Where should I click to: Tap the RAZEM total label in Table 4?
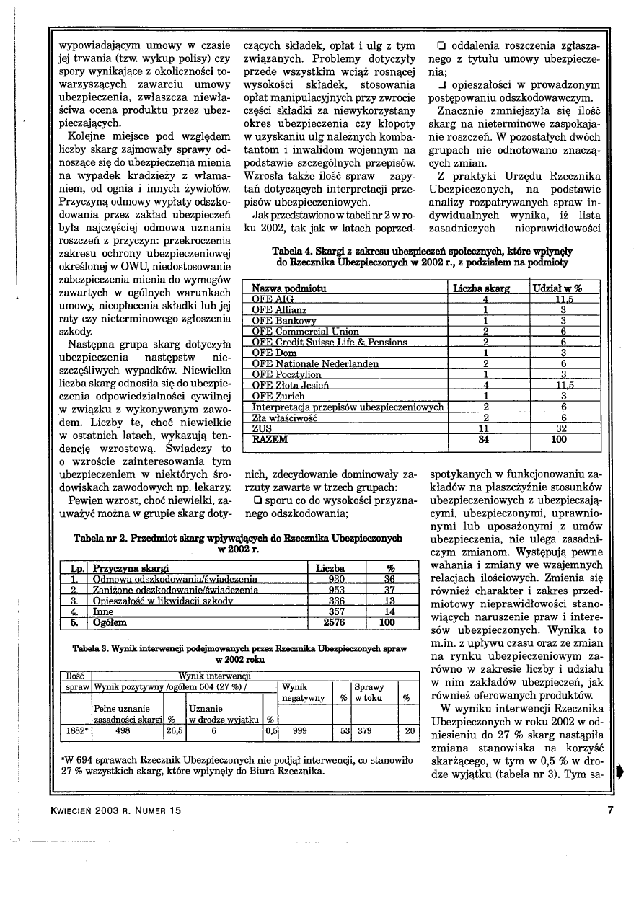(x=269, y=438)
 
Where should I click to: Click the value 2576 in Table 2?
(x=335, y=622)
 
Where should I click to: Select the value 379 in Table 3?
(x=364, y=729)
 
